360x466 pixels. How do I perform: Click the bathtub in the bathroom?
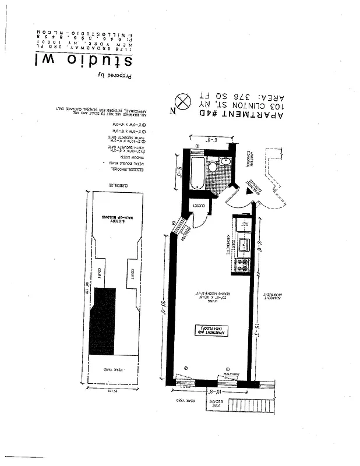click(197, 171)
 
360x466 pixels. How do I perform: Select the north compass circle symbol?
click(184, 102)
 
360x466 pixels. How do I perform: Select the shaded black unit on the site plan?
click(102, 321)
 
